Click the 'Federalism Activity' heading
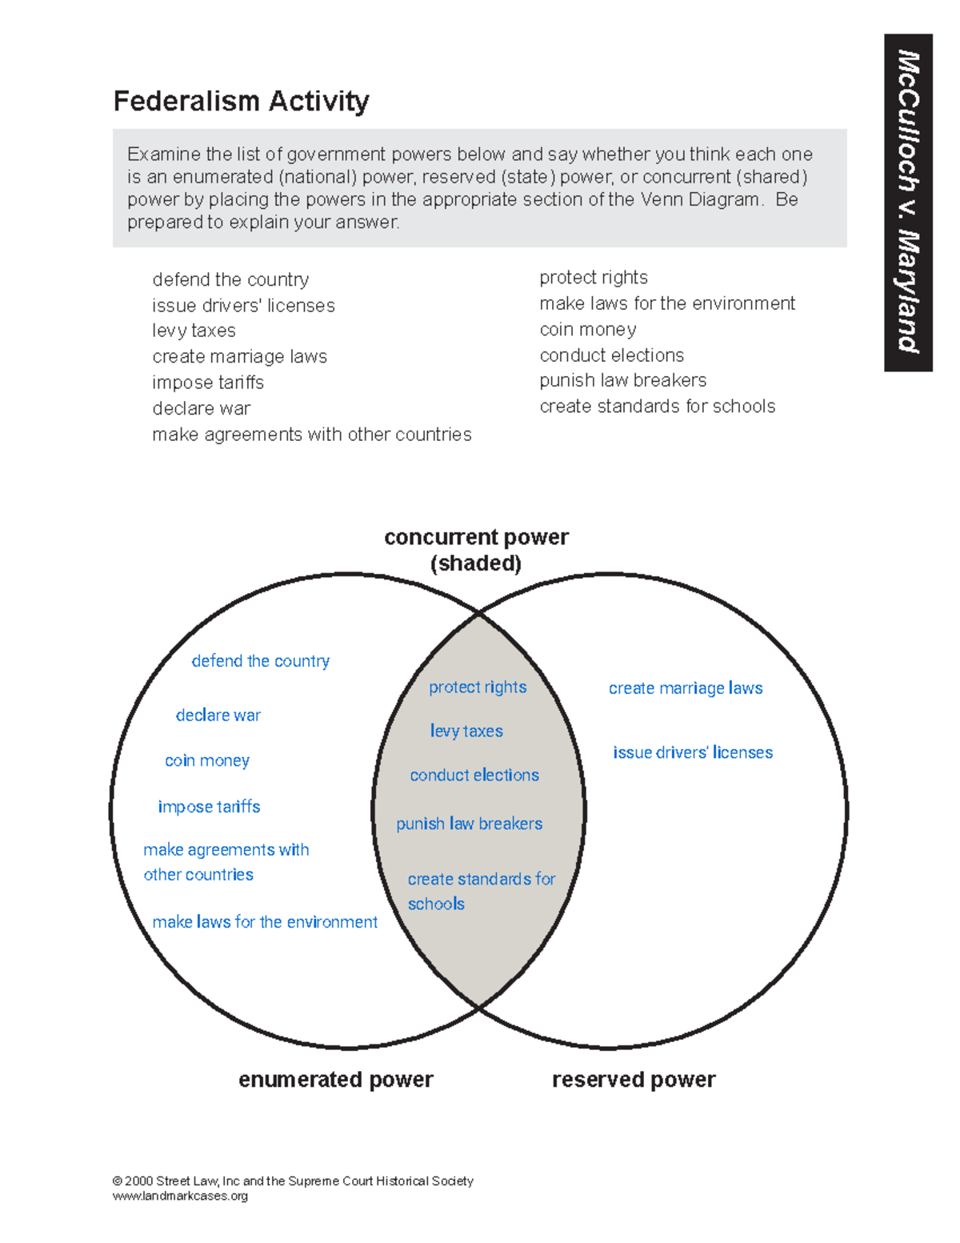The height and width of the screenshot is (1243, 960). coord(241,102)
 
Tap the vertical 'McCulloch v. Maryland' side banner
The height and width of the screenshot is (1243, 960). coord(908,202)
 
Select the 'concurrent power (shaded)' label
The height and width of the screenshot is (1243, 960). coord(476,550)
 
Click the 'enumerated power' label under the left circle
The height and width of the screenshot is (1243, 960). coord(335,1080)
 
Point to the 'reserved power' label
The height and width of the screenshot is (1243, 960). coord(634,1080)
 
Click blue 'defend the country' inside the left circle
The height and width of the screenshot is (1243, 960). coord(260,661)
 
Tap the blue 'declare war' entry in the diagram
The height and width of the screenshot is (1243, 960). coord(218,716)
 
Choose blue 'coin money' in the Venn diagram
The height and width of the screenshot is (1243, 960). coord(207,760)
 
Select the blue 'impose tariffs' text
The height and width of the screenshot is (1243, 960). coord(209,807)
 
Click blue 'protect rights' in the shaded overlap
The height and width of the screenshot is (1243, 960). coord(478,688)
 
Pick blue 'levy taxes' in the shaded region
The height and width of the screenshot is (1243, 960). coord(466,731)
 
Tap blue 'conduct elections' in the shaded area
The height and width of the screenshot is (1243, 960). coord(474,776)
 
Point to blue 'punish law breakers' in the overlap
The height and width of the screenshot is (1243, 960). coord(469,824)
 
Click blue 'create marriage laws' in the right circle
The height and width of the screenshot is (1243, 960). coord(686,688)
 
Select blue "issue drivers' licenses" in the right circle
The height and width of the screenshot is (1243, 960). coord(693,752)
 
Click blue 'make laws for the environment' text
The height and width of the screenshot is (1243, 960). coord(265,922)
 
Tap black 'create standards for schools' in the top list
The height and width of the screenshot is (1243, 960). coord(657,407)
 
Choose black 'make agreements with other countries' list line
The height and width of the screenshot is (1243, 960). coord(312,435)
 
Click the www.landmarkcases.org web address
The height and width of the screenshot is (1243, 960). coord(180,1196)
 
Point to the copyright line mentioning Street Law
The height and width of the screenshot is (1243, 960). coord(293,1181)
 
